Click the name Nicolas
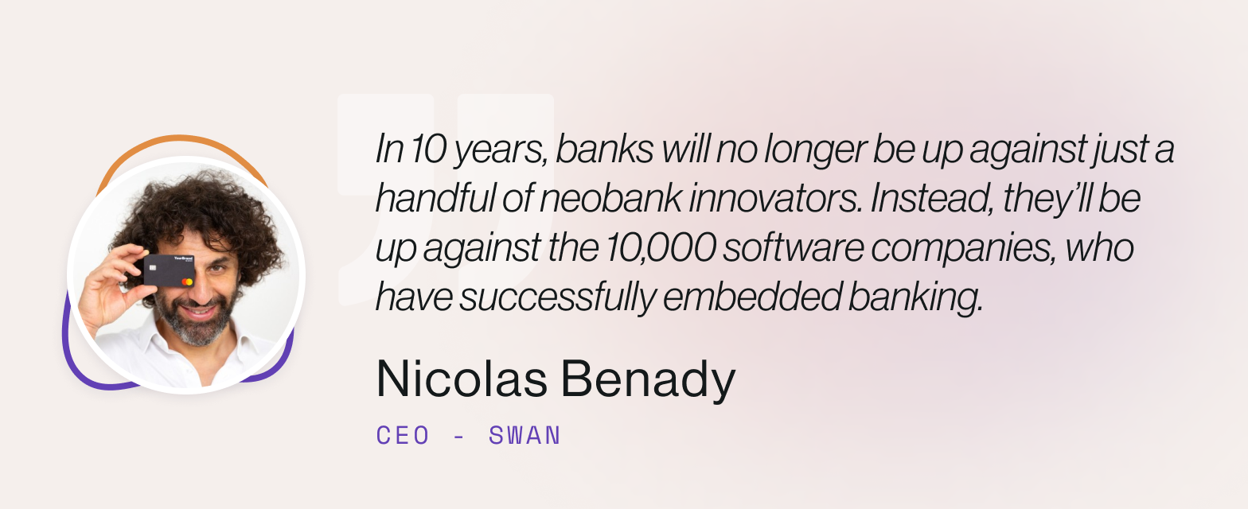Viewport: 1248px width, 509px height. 461,380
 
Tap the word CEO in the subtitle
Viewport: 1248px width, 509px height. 403,436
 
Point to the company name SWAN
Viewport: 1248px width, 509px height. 525,436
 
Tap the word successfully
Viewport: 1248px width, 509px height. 558,298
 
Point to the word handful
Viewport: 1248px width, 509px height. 435,200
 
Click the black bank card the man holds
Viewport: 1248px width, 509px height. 169,271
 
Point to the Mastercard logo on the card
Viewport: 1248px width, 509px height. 187,282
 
